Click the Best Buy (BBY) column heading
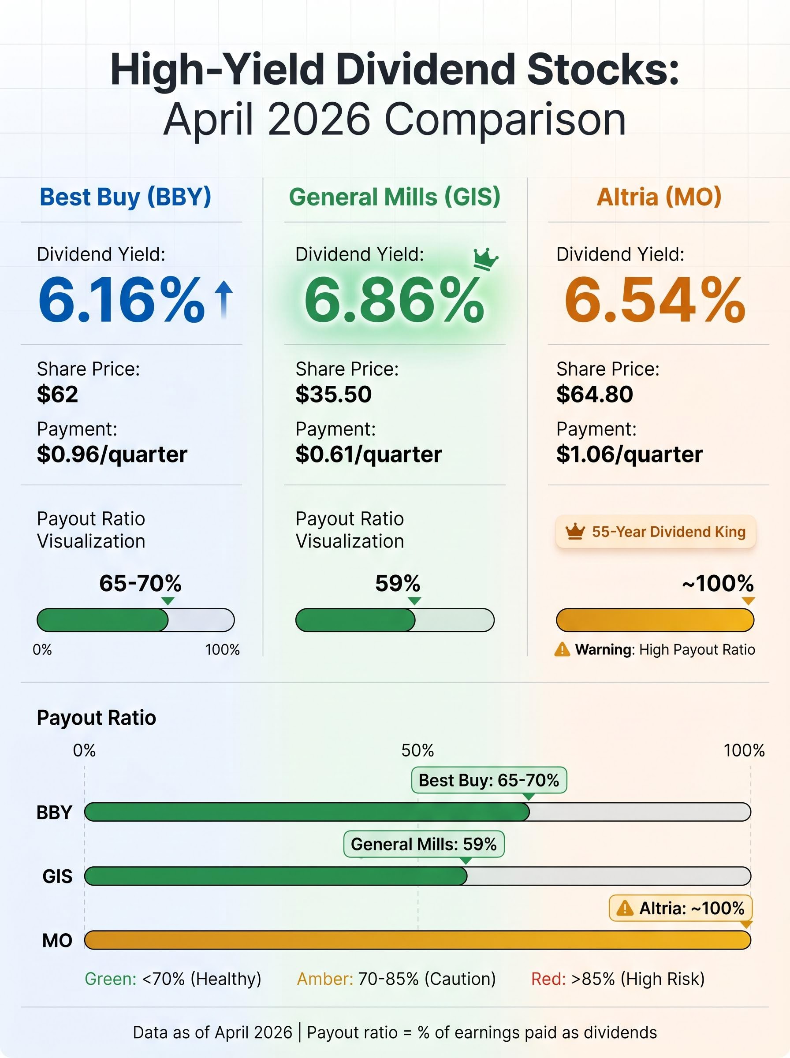tap(125, 197)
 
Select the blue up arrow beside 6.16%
tap(224, 299)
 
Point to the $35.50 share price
tap(333, 395)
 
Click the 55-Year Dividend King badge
tap(656, 532)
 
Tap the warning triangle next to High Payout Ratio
tap(562, 649)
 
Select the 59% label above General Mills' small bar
tap(397, 583)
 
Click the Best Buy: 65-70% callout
tap(489, 780)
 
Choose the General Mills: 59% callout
tap(424, 844)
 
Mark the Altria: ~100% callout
tap(681, 908)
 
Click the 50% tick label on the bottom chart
tap(417, 751)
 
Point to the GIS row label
tap(57, 876)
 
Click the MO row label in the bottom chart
tap(57, 940)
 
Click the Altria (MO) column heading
tap(659, 197)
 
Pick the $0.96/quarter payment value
tap(112, 454)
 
